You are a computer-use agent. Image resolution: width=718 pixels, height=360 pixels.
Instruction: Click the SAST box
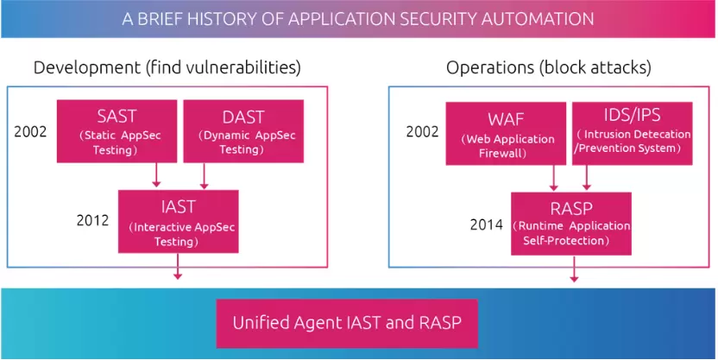117,130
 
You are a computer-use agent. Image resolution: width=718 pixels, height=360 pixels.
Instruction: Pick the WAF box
499,133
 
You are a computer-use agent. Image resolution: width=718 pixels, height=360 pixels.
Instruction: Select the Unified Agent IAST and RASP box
358,324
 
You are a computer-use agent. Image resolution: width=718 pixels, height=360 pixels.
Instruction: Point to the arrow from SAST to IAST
156,175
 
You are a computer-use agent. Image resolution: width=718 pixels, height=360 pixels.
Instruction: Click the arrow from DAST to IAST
204,175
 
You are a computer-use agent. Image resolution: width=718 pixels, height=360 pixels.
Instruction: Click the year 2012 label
92,220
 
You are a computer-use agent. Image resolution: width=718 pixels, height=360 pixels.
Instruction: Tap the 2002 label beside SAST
31,133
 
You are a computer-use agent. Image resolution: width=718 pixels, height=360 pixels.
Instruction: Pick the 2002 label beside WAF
422,133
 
